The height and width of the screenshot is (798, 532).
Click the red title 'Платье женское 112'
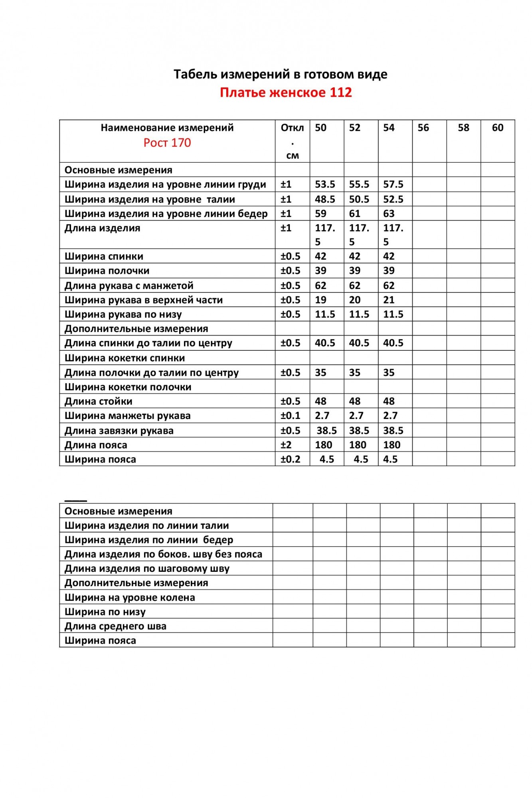pos(286,93)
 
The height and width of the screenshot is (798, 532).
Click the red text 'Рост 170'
pos(167,143)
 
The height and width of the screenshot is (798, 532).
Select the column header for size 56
pos(423,128)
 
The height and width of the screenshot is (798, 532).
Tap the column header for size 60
pos(497,128)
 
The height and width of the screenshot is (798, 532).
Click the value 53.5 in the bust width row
pos(325,184)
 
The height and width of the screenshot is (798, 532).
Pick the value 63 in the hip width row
pos(389,213)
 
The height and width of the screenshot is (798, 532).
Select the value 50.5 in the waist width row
pos(359,199)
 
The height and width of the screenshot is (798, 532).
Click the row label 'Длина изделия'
pos(103,228)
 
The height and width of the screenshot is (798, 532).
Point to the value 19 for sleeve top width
pos(320,300)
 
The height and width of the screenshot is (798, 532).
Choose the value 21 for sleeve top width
pos(389,300)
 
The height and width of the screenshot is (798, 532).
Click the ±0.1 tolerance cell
pos(290,415)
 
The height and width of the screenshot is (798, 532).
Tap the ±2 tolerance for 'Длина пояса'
pos(286,445)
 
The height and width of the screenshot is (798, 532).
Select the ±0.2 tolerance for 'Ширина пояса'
pos(290,459)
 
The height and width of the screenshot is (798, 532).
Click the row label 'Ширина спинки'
pos(104,256)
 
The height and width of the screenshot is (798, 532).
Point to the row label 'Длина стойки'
pos(98,401)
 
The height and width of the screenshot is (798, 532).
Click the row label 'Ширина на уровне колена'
pos(130,597)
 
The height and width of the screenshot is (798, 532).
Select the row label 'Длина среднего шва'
pos(115,626)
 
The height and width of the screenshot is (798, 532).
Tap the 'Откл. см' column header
pos(292,141)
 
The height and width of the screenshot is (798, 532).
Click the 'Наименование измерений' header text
pos(167,128)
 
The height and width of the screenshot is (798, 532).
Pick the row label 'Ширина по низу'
pos(105,612)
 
